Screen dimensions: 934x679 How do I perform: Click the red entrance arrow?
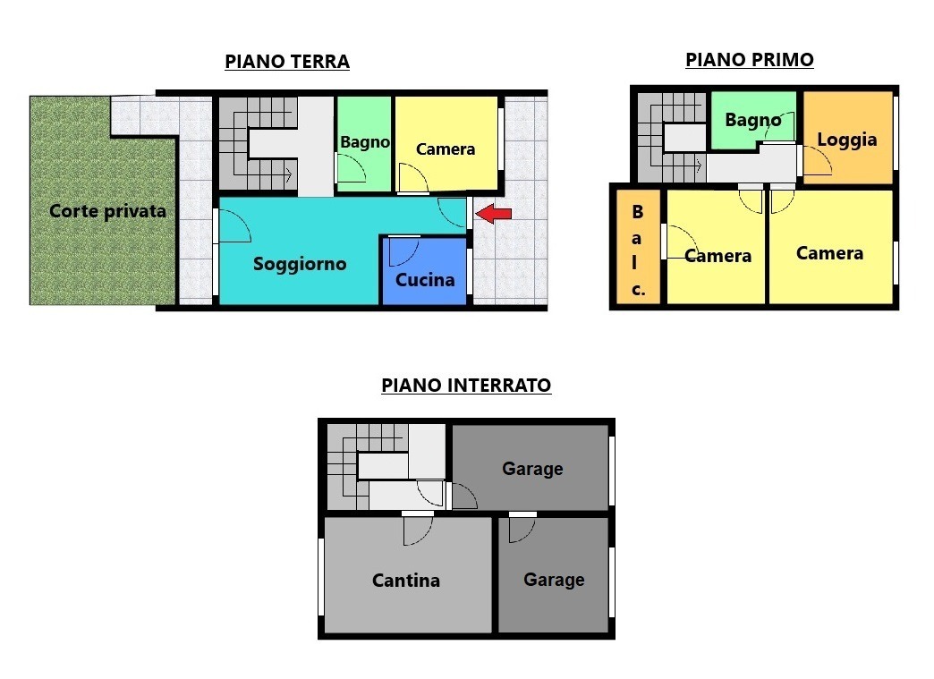pyautogui.click(x=494, y=213)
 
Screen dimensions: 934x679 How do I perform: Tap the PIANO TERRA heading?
pyautogui.click(x=287, y=62)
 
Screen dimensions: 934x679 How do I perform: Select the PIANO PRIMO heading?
pyautogui.click(x=750, y=60)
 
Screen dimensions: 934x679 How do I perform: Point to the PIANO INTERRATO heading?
pyautogui.click(x=466, y=386)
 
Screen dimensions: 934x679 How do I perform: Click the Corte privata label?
pyautogui.click(x=108, y=211)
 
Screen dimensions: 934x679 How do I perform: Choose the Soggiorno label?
pyautogui.click(x=300, y=264)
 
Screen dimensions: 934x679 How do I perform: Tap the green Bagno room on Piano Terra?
pyautogui.click(x=364, y=144)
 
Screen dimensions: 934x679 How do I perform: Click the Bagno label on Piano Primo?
pyautogui.click(x=753, y=120)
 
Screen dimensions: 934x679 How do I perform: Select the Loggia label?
pyautogui.click(x=847, y=140)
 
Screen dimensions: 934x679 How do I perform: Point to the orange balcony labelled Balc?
pyautogui.click(x=638, y=247)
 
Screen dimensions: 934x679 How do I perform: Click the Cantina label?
pyautogui.click(x=406, y=580)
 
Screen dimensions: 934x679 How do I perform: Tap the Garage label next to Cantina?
pyautogui.click(x=554, y=580)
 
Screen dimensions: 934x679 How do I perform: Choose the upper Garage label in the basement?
pyautogui.click(x=532, y=469)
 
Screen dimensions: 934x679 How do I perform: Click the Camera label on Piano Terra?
pyautogui.click(x=446, y=149)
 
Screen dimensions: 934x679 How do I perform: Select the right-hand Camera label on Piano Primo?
pyautogui.click(x=829, y=253)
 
